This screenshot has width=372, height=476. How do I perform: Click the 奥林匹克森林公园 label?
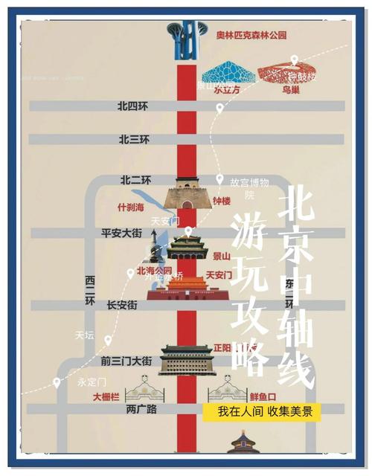point(251,35)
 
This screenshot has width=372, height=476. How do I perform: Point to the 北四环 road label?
point(133,106)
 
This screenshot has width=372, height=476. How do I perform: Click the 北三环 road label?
point(134,139)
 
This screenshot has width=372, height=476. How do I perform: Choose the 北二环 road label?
point(135,180)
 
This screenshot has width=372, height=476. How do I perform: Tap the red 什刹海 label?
point(132,207)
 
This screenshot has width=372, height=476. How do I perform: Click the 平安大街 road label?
point(121,233)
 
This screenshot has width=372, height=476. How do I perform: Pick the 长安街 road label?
point(122,305)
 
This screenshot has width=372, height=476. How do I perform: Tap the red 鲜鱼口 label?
point(263,397)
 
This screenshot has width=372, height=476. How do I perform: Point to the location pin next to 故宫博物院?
point(219,180)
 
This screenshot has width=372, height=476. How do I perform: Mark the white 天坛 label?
point(85,335)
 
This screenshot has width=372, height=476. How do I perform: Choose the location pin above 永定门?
point(56,383)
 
